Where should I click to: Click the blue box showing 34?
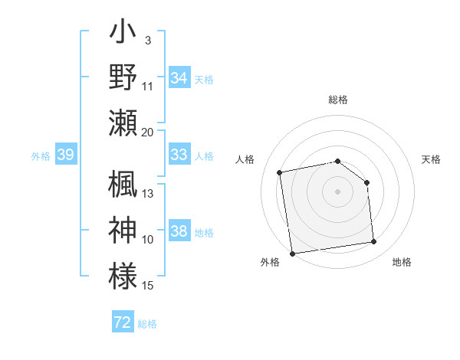179,78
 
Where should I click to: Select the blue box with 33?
179,155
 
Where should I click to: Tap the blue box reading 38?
179,232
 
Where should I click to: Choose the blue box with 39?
66,155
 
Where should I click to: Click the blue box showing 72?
123,323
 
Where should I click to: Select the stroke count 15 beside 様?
148,286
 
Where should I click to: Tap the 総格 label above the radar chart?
337,100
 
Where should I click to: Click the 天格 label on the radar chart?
431,159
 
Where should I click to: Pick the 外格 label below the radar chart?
270,262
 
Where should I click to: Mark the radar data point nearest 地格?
373,242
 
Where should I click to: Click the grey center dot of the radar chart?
337,191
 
